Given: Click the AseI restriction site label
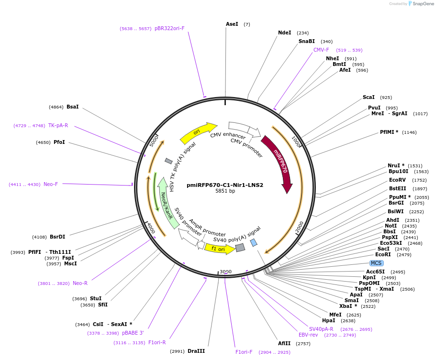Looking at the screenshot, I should click(232, 24).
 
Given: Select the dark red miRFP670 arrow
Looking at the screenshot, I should click(279, 163).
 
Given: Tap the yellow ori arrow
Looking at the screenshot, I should click(198, 132).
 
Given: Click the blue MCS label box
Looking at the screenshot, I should click(376, 263).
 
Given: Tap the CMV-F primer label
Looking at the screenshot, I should click(321, 50).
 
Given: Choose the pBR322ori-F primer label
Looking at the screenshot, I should click(169, 28).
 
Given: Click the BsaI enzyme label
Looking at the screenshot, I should click(73, 107).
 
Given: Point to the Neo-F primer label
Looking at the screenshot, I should click(50, 184).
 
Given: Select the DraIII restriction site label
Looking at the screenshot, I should click(196, 351).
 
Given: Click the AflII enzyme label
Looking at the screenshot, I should click(284, 343).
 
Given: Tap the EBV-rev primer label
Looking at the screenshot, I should click(308, 335).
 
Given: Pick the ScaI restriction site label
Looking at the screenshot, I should click(369, 97).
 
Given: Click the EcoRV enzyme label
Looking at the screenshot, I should click(397, 180).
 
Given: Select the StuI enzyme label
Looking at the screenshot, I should click(96, 298).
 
